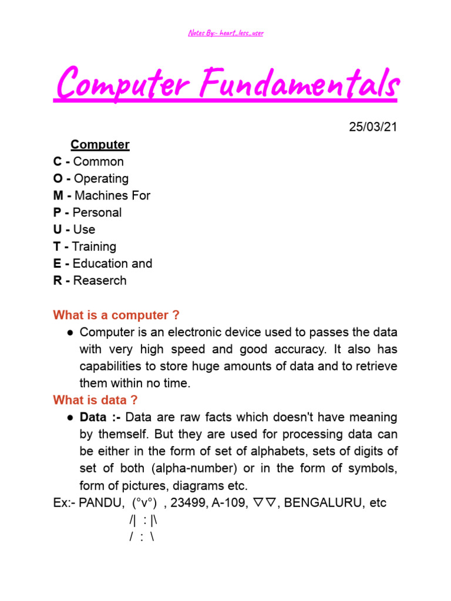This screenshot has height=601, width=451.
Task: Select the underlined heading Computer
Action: pos(100,144)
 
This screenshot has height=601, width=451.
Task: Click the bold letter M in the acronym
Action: pos(58,195)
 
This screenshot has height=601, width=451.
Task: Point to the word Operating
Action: pos(101,178)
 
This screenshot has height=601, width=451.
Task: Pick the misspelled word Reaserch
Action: pos(99,281)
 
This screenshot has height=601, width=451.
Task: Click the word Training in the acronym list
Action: pos(94,247)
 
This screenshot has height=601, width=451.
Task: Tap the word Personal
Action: pos(97,212)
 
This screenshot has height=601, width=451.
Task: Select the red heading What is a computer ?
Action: pos(116,315)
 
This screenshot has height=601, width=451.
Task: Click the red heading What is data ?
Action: pos(95,400)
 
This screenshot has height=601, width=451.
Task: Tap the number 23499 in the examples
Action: pos(188,503)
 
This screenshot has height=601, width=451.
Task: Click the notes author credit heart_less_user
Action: pos(242,33)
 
